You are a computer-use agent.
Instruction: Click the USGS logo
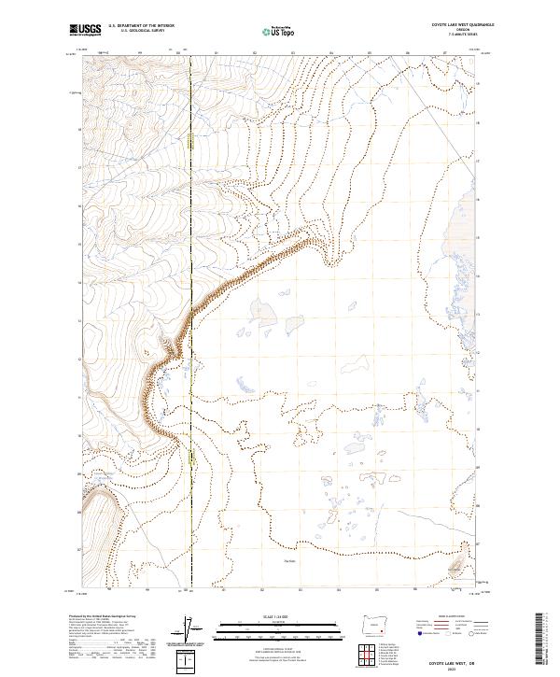(86, 31)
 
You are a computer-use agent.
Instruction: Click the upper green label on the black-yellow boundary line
(190, 141)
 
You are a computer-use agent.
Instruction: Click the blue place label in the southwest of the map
(103, 478)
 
